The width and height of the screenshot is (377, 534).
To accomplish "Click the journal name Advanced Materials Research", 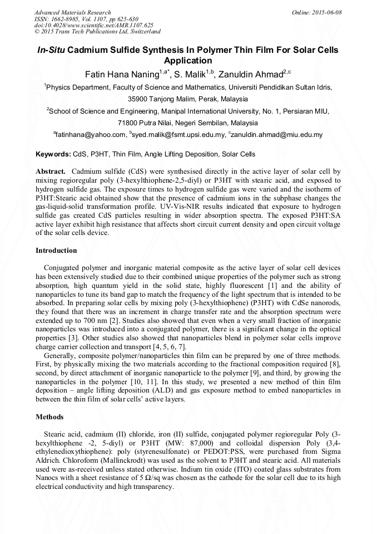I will click(72, 12).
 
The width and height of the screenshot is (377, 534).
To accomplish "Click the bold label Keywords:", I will click(53, 154).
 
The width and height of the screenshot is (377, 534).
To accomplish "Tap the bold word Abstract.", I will click(51, 172).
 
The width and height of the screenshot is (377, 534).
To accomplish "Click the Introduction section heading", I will click(56, 251).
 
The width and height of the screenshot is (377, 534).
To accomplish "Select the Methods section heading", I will click(49, 417).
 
